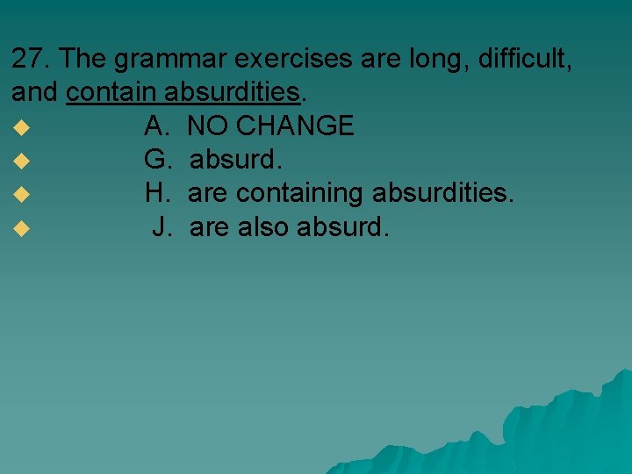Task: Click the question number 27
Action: pos(30,59)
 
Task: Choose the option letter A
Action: pos(156,126)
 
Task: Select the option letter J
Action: pos(161,228)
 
